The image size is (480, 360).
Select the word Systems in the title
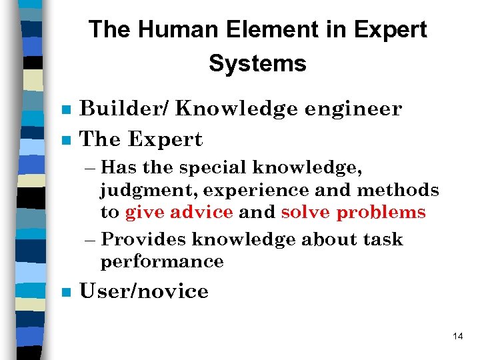(257, 64)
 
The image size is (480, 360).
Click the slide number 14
(457, 336)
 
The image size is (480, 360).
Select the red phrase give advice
(179, 213)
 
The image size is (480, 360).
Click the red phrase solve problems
(353, 213)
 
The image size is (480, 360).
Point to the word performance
(162, 262)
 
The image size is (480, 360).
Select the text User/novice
(144, 291)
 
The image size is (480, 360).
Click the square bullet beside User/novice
(65, 293)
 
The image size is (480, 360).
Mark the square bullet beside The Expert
(65, 141)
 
